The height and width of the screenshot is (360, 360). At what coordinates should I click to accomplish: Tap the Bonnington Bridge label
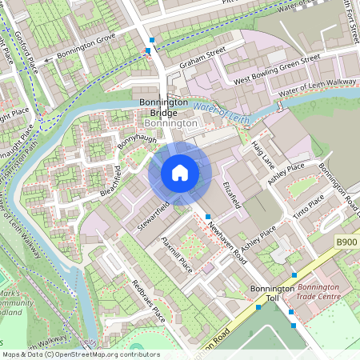point(163,108)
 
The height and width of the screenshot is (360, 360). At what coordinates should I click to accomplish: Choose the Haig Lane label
point(262,152)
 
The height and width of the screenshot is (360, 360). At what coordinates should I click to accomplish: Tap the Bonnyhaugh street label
point(136,145)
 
